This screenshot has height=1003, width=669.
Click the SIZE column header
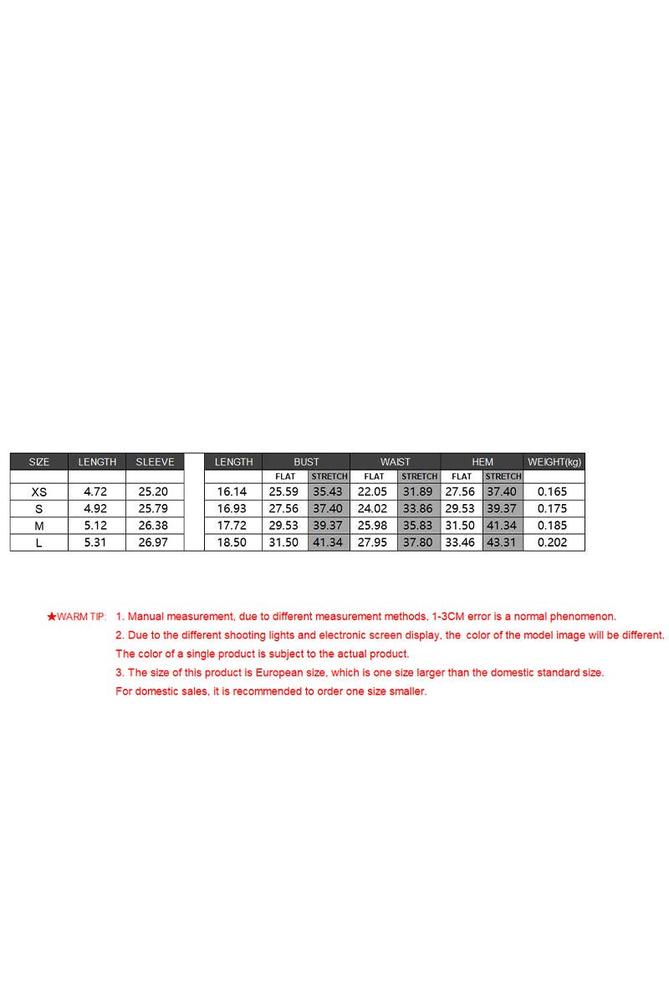38,461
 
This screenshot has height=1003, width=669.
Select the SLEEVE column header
155,461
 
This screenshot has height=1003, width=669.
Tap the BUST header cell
306,461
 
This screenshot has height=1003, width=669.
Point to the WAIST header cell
396,461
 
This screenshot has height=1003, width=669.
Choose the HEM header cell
483,461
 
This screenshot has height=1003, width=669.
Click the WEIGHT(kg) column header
554,461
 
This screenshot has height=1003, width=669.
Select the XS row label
38,492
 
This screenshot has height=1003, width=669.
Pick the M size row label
38,526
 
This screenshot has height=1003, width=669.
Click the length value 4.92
96,509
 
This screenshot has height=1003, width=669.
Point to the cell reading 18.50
232,542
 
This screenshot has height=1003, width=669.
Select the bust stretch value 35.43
328,492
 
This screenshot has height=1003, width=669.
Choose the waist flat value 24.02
372,509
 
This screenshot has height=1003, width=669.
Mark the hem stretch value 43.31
502,542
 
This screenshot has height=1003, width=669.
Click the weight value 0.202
552,542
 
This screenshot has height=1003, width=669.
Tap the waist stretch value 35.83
417,526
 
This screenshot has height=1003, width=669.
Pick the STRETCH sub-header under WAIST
419,476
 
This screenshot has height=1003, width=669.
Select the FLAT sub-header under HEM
462,476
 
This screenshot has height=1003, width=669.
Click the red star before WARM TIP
51,617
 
